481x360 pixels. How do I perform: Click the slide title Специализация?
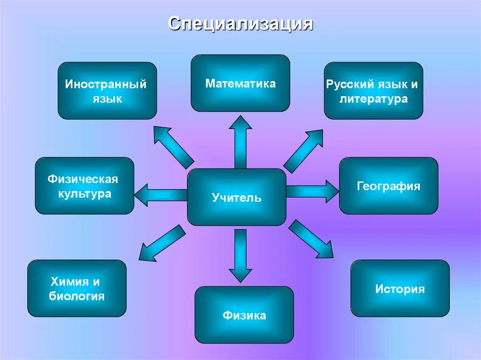pos(240,24)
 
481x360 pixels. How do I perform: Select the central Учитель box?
pos(237,197)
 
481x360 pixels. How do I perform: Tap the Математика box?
pos(240,83)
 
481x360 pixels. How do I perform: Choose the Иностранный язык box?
pos(107,91)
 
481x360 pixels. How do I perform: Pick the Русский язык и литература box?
pos(373,91)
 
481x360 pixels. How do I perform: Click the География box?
pos(388,185)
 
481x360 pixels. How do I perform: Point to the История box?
pos(400,288)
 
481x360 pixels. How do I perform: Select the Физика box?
pos(244,314)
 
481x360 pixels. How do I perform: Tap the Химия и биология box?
pos(77,288)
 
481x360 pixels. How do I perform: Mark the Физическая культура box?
pos(85,185)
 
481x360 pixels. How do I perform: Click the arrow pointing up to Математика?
pos(240,141)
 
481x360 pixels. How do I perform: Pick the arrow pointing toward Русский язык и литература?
pos(304,150)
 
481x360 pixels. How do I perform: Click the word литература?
pos(373,100)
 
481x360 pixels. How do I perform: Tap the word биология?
pos(77,296)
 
